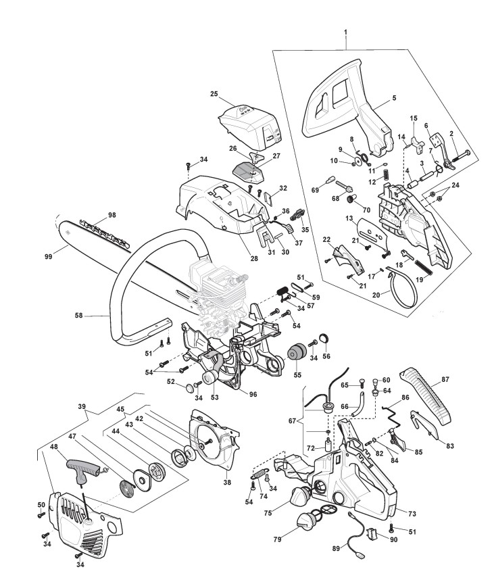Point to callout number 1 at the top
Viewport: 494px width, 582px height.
pos(345,32)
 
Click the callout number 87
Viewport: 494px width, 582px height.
pos(445,379)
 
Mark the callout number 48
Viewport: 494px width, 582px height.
pos(53,447)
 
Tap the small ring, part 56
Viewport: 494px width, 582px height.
pos(324,339)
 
